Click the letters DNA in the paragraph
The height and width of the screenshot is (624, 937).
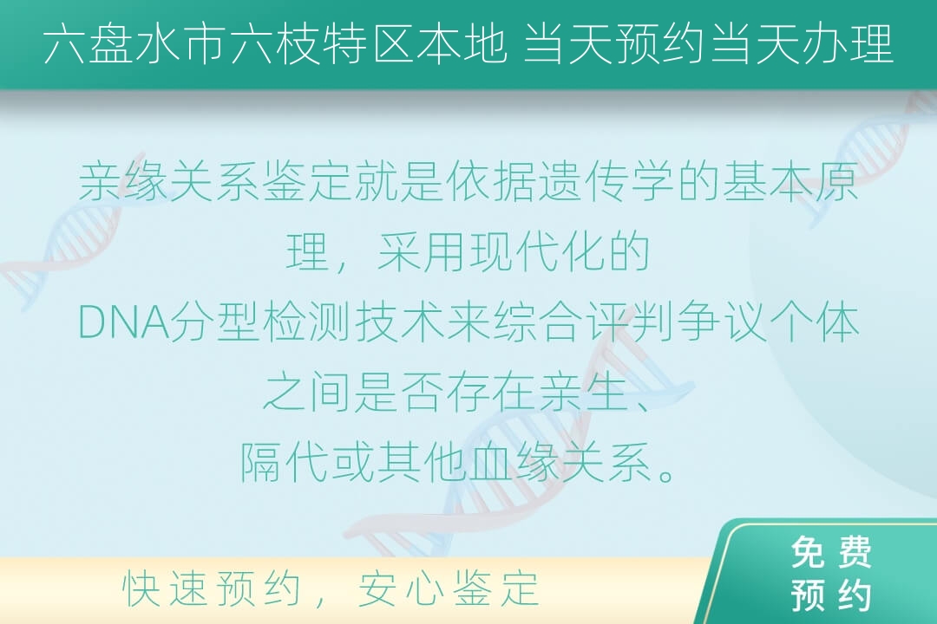pos(124,323)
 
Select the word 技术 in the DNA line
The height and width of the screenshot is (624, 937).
pos(400,323)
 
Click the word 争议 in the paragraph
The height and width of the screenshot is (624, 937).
pos(721,323)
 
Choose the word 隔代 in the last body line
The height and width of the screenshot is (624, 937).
pos(285,463)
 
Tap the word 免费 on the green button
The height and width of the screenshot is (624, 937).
pos(830,553)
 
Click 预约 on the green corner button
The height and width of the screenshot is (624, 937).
pos(830,595)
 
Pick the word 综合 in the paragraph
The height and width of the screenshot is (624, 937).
pos(538,323)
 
